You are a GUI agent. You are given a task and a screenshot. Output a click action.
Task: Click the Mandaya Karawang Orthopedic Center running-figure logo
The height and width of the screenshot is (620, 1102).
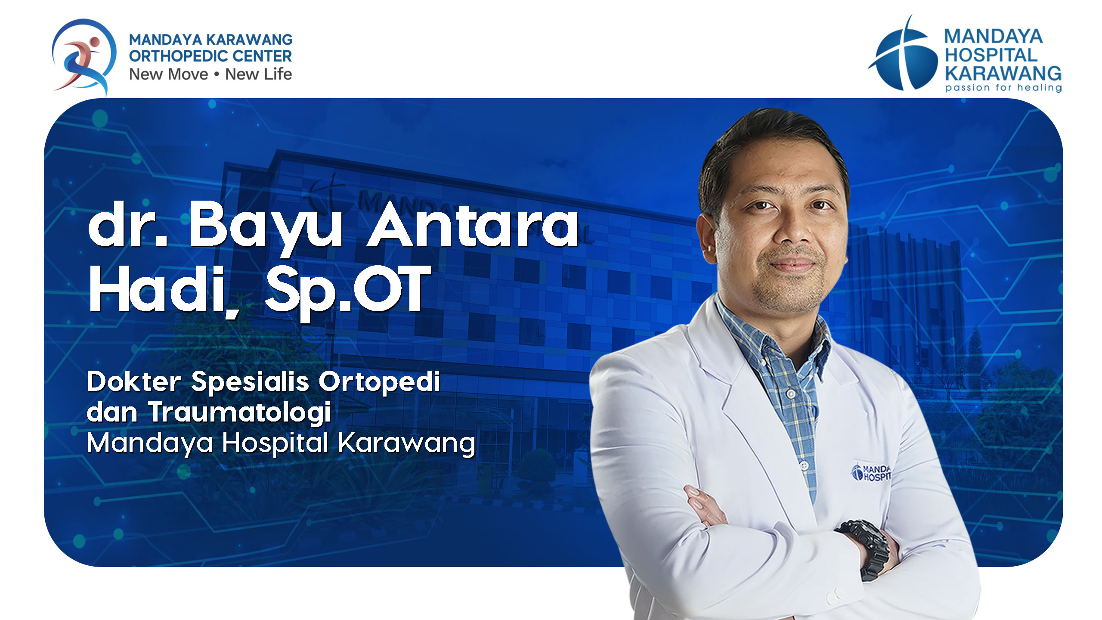pos(84,56)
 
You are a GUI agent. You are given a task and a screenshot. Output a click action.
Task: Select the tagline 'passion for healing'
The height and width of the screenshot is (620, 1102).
pos(1003,87)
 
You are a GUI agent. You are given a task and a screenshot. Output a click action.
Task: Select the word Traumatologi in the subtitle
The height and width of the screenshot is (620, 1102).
pos(240,413)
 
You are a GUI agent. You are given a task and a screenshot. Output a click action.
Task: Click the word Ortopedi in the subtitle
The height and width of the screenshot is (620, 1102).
pos(379,382)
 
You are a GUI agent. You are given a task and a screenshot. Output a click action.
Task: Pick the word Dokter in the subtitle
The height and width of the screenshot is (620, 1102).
pos(134,381)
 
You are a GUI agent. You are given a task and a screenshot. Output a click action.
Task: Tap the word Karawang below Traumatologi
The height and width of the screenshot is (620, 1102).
pos(406,443)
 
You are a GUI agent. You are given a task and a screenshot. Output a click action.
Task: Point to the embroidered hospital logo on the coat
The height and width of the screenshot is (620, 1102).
pos(870,472)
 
